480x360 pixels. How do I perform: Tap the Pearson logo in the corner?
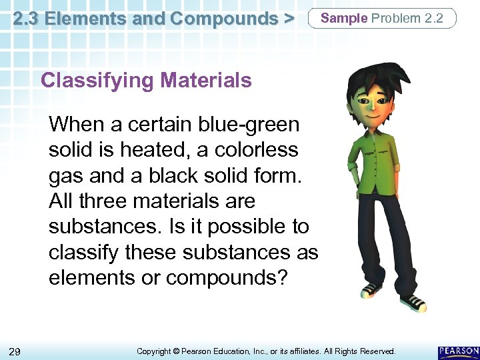pos(458,351)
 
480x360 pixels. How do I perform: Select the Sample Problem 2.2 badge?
pos(382,18)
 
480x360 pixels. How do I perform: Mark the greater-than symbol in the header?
pos(289,19)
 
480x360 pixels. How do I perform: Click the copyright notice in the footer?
pos(265,351)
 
